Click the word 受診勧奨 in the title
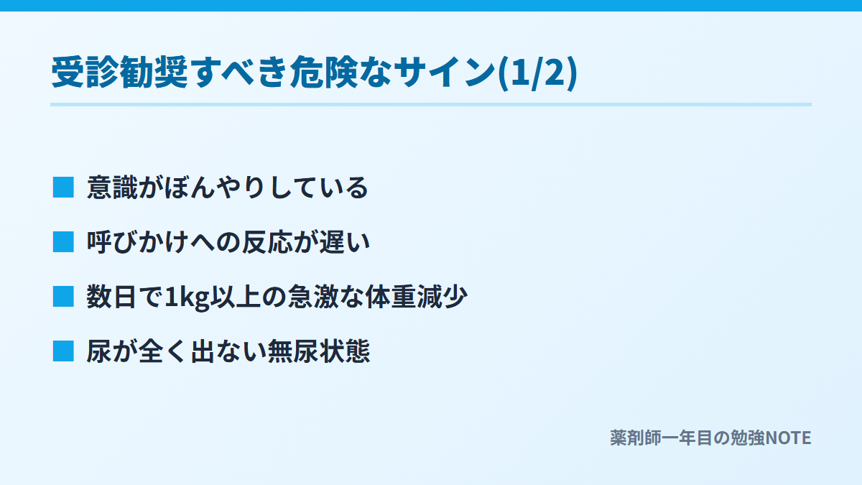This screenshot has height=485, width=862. (x=120, y=72)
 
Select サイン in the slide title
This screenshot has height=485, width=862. (x=444, y=72)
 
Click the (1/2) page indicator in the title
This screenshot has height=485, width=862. (x=537, y=73)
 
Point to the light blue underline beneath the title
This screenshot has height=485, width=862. (x=431, y=104)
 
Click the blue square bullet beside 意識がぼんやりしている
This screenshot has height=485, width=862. (x=63, y=188)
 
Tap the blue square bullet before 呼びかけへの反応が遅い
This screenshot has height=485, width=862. (x=63, y=241)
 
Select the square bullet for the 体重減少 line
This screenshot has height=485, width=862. (x=63, y=296)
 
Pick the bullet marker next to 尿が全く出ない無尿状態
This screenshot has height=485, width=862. (x=63, y=351)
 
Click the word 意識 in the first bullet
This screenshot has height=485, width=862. (x=112, y=188)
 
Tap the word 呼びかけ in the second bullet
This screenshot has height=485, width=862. (x=138, y=242)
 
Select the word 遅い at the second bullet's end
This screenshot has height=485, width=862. (x=345, y=242)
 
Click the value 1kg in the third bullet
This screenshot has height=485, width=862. (x=187, y=297)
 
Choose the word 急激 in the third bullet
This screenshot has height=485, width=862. (x=313, y=297)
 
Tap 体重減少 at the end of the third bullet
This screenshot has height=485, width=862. (x=417, y=297)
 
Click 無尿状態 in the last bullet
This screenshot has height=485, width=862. (x=319, y=351)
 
